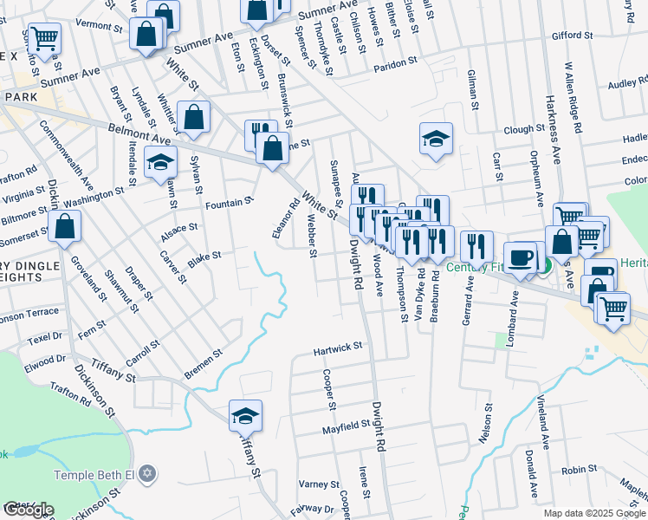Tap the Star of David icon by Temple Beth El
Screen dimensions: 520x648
click(147, 474)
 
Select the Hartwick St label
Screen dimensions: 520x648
click(338, 349)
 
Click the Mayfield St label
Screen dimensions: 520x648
click(347, 426)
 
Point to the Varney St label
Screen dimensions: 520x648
click(319, 484)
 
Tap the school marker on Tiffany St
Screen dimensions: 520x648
click(245, 417)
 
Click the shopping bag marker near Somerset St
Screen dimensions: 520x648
click(65, 228)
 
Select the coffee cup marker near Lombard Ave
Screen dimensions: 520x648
click(521, 258)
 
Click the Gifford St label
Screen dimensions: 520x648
click(572, 36)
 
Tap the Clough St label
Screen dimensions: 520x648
click(523, 129)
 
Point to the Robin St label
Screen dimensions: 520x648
click(573, 471)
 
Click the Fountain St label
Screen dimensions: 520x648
click(229, 203)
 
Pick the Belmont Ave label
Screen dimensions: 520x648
click(139, 133)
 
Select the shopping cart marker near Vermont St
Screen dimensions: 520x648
click(43, 38)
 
